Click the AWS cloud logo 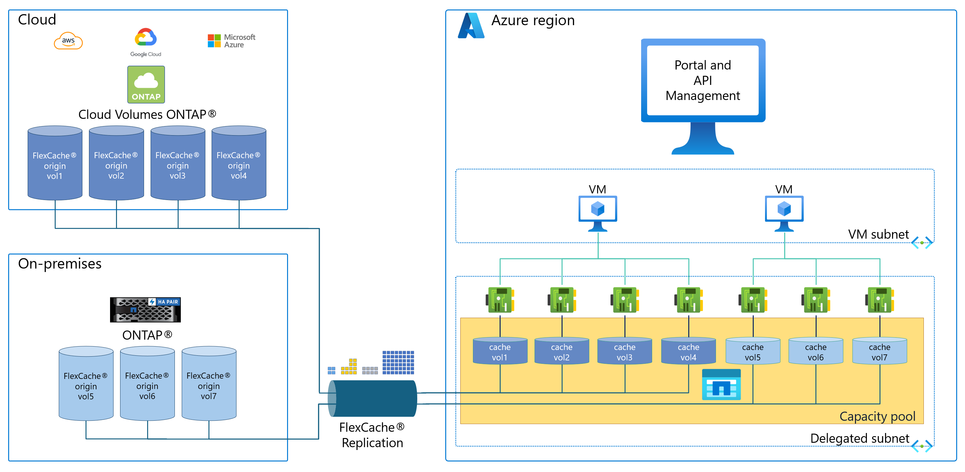(68, 41)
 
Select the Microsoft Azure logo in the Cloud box (231, 41)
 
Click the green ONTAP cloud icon (146, 85)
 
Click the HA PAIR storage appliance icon (145, 310)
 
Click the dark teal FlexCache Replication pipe (373, 398)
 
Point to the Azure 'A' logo (471, 26)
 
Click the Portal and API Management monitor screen (703, 81)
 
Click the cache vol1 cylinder (500, 351)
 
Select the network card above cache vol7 (879, 300)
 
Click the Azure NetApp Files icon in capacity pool (721, 385)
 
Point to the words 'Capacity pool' (877, 416)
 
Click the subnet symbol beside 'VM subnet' (922, 242)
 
